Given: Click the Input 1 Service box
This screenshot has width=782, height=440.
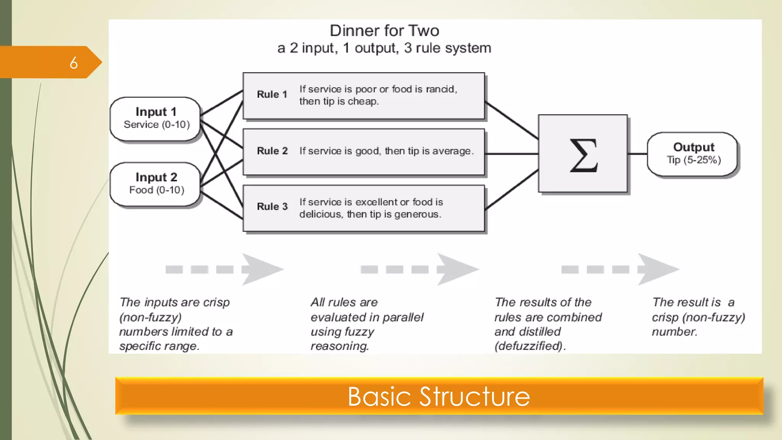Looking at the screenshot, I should [x=155, y=118].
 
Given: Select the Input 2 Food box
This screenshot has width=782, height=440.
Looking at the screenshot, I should [x=155, y=184].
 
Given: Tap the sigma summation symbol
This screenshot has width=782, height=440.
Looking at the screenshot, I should [x=583, y=155].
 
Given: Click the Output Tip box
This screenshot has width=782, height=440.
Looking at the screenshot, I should [x=693, y=154].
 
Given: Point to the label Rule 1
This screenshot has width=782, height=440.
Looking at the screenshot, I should [x=272, y=94].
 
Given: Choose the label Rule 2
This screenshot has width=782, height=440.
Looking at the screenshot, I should [x=272, y=151].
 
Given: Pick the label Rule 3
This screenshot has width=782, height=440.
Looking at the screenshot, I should [x=272, y=207].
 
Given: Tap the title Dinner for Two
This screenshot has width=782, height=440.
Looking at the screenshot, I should [x=384, y=31].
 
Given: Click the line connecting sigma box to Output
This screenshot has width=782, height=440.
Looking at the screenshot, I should [x=637, y=154].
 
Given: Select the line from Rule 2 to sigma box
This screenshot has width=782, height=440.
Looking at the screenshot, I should [x=512, y=154].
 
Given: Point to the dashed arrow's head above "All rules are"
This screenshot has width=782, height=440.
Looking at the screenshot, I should [x=456, y=269].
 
